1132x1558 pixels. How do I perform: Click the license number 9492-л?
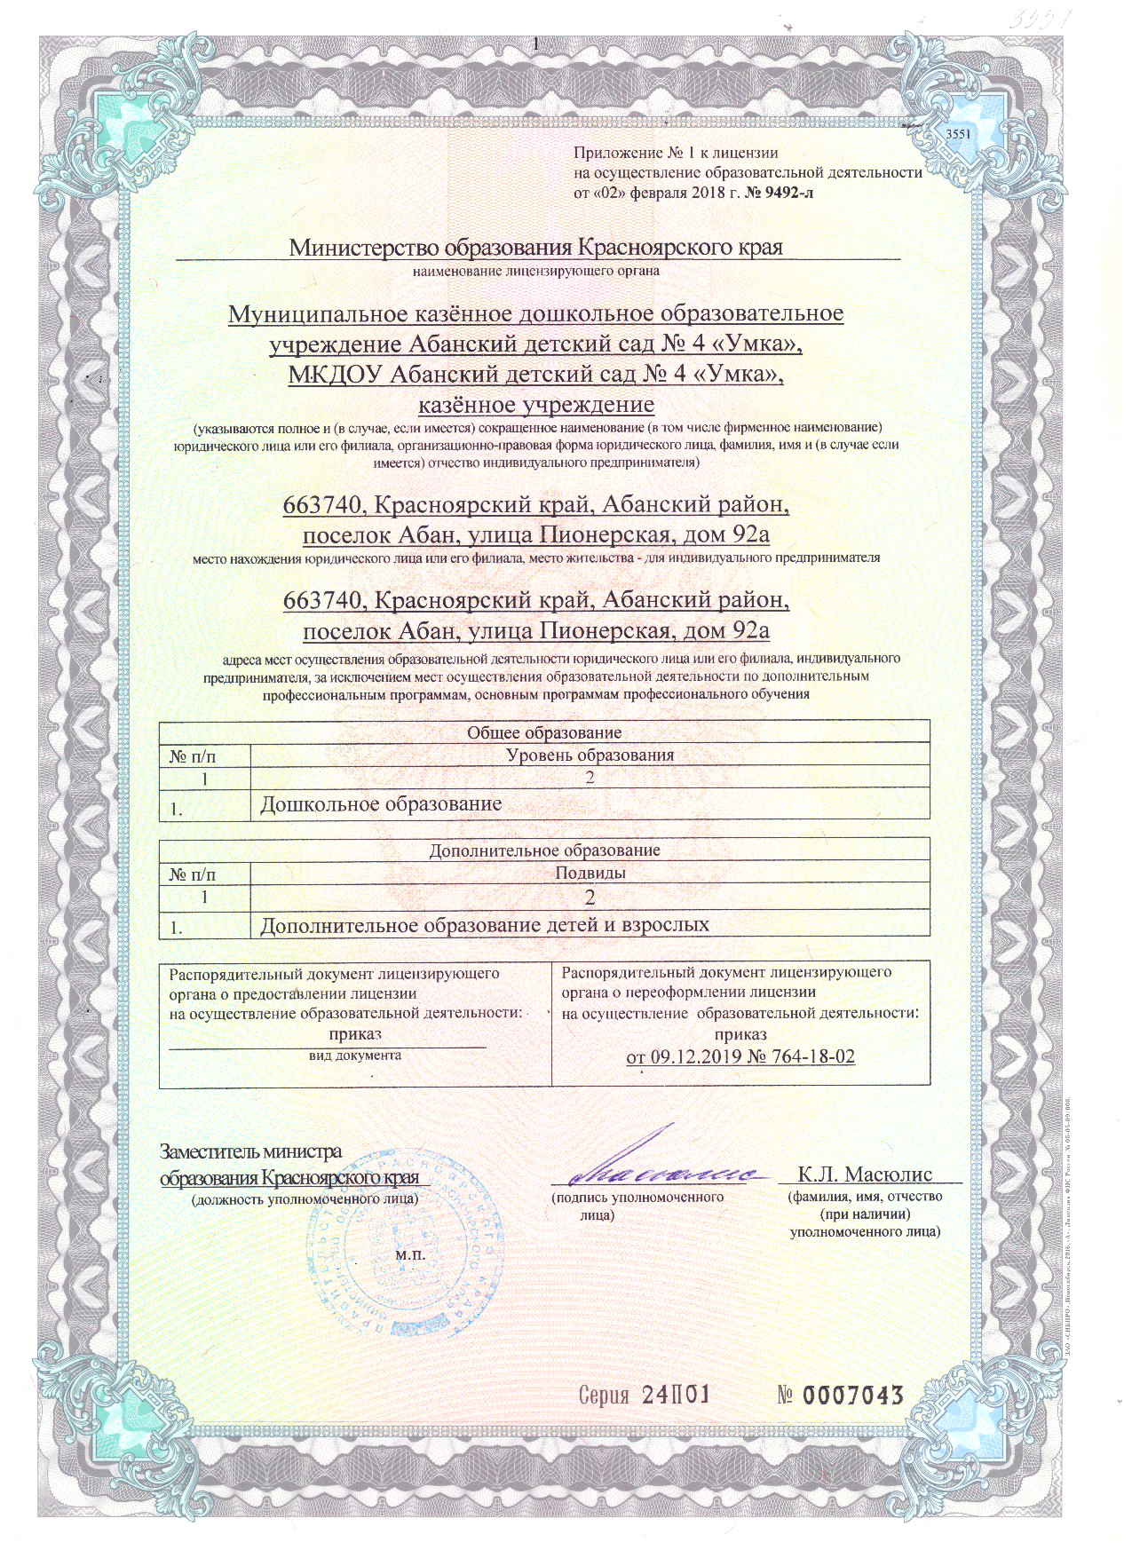coord(781,193)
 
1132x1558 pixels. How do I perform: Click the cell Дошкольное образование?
coord(381,804)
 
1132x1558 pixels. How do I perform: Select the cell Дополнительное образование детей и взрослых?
coord(485,925)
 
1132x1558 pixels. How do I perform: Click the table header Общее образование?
coord(544,732)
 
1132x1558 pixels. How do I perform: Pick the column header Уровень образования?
coord(590,755)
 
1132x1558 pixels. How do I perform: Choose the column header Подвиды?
coord(590,873)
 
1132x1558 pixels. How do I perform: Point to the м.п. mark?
coord(410,1255)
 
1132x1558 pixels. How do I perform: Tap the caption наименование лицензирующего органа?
coord(536,270)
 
